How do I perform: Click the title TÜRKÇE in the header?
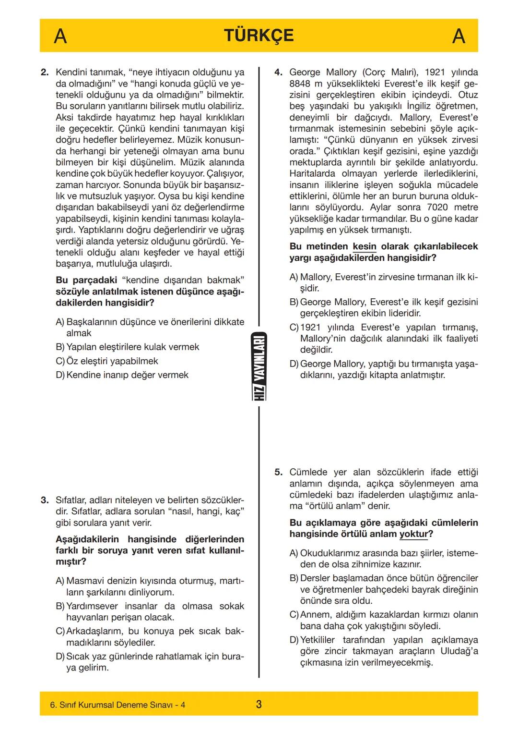click(259, 36)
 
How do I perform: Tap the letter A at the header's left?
click(60, 36)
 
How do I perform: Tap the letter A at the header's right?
click(459, 36)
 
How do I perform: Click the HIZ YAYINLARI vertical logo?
click(259, 366)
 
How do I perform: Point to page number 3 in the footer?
click(259, 705)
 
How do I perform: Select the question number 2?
click(45, 73)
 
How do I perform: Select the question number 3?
click(45, 500)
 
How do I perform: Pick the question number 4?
click(278, 73)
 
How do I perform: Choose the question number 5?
click(278, 473)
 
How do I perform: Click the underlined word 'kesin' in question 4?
click(365, 246)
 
